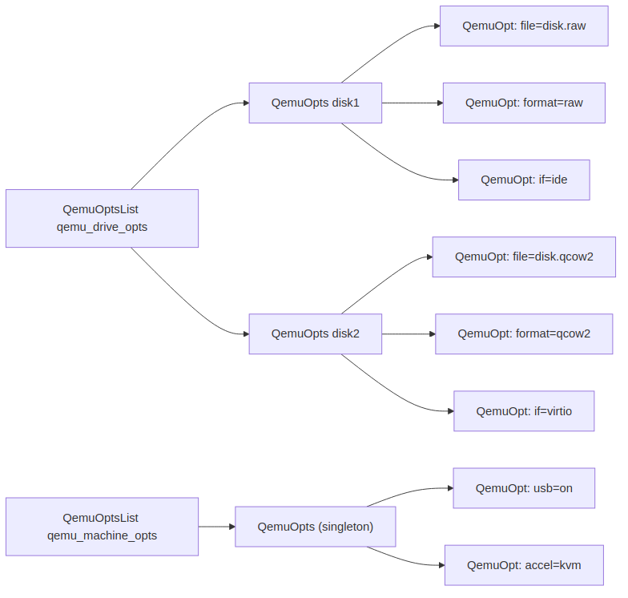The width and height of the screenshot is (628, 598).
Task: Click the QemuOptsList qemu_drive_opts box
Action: (x=102, y=218)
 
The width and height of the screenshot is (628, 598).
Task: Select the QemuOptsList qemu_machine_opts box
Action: (x=102, y=527)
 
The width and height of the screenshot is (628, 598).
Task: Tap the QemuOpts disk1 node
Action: (x=315, y=103)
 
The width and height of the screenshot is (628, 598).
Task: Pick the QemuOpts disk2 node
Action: (x=315, y=333)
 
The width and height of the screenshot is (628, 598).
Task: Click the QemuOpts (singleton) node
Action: (x=315, y=527)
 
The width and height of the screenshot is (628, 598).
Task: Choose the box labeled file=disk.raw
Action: (x=524, y=26)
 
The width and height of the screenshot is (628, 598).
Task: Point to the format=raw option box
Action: (x=524, y=103)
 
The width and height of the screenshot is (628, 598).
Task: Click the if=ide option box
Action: (x=524, y=180)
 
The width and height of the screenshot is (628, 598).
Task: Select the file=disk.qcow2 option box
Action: (x=524, y=257)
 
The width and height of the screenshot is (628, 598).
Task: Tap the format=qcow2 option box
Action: (x=524, y=333)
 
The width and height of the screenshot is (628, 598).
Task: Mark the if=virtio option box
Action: (x=524, y=411)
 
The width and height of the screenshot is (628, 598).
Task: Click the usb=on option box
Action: (x=524, y=488)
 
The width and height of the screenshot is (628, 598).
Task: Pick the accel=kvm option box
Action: (x=524, y=565)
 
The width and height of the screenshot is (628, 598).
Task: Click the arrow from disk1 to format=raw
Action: (x=412, y=103)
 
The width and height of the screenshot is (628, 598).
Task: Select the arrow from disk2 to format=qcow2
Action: (x=408, y=333)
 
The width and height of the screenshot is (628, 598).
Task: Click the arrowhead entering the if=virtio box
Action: (x=449, y=411)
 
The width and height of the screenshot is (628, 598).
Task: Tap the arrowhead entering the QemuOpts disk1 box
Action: (x=244, y=103)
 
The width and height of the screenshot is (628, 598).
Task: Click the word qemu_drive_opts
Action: (x=102, y=227)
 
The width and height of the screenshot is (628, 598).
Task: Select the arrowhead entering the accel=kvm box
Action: (x=440, y=565)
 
